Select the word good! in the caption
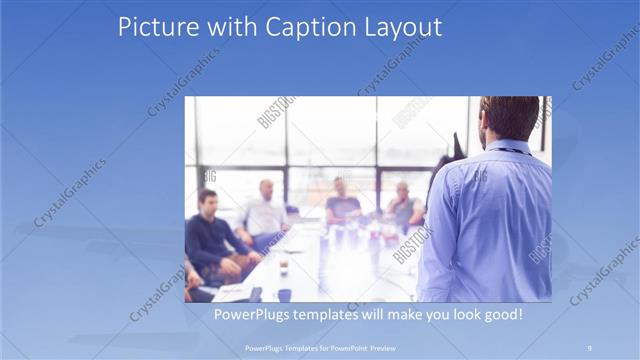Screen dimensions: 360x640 (501, 314)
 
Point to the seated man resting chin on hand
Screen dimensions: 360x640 (403, 205)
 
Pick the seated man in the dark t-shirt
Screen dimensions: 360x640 (342, 203)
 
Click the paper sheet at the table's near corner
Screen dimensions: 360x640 (233, 292)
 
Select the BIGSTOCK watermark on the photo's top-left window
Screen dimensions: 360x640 (276, 111)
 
